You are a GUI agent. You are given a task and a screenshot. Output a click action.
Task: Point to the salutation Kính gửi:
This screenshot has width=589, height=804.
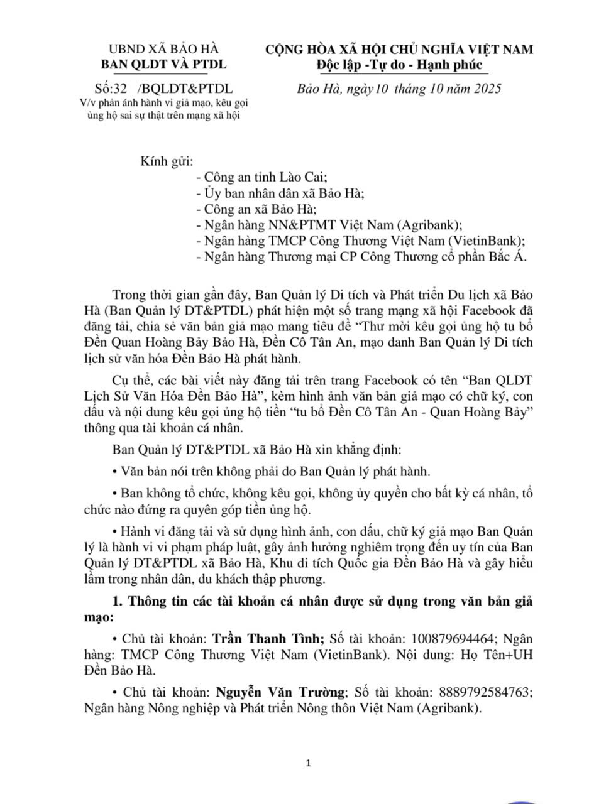(167, 161)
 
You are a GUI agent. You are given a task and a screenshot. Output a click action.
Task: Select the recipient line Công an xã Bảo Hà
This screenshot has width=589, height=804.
(260, 209)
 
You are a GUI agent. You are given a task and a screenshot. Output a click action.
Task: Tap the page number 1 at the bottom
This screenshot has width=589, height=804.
(308, 763)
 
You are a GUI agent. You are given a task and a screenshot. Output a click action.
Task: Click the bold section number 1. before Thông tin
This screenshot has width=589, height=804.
(118, 601)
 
